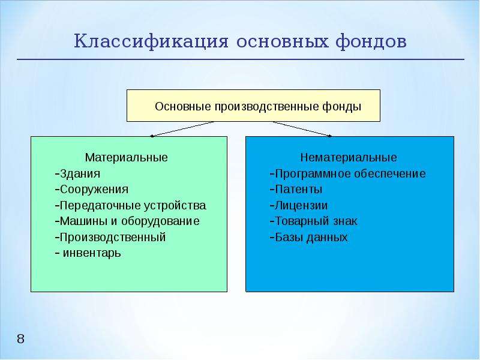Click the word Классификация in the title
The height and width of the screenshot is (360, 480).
(x=151, y=41)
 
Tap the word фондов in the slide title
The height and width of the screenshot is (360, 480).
(x=371, y=41)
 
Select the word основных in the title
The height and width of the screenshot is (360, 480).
(x=281, y=42)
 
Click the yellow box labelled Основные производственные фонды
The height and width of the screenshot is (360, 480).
(x=253, y=106)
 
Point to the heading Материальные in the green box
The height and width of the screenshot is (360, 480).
(x=127, y=157)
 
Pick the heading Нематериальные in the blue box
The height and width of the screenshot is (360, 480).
(x=349, y=157)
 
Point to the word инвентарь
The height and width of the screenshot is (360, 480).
(x=92, y=253)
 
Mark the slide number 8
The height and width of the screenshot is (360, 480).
(x=20, y=339)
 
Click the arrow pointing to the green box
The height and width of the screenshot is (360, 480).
(x=182, y=129)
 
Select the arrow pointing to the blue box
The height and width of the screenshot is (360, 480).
(x=302, y=129)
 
